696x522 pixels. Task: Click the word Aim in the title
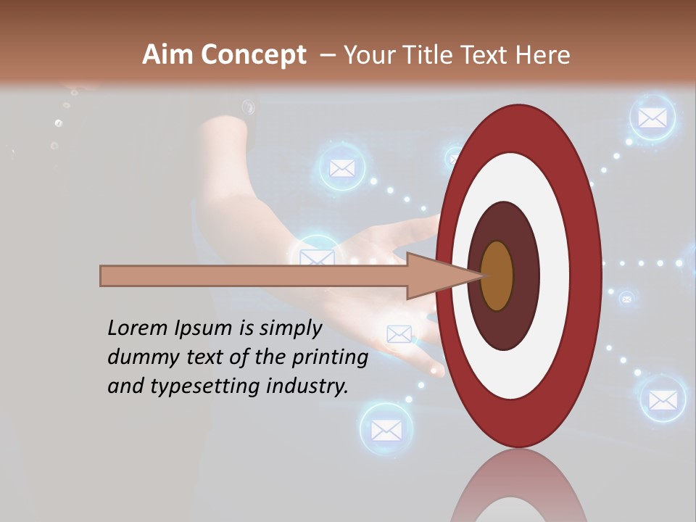coord(167,55)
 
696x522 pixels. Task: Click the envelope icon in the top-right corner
coord(652,117)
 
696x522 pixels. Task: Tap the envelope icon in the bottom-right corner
coord(662,399)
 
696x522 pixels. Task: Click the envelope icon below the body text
coord(386,430)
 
